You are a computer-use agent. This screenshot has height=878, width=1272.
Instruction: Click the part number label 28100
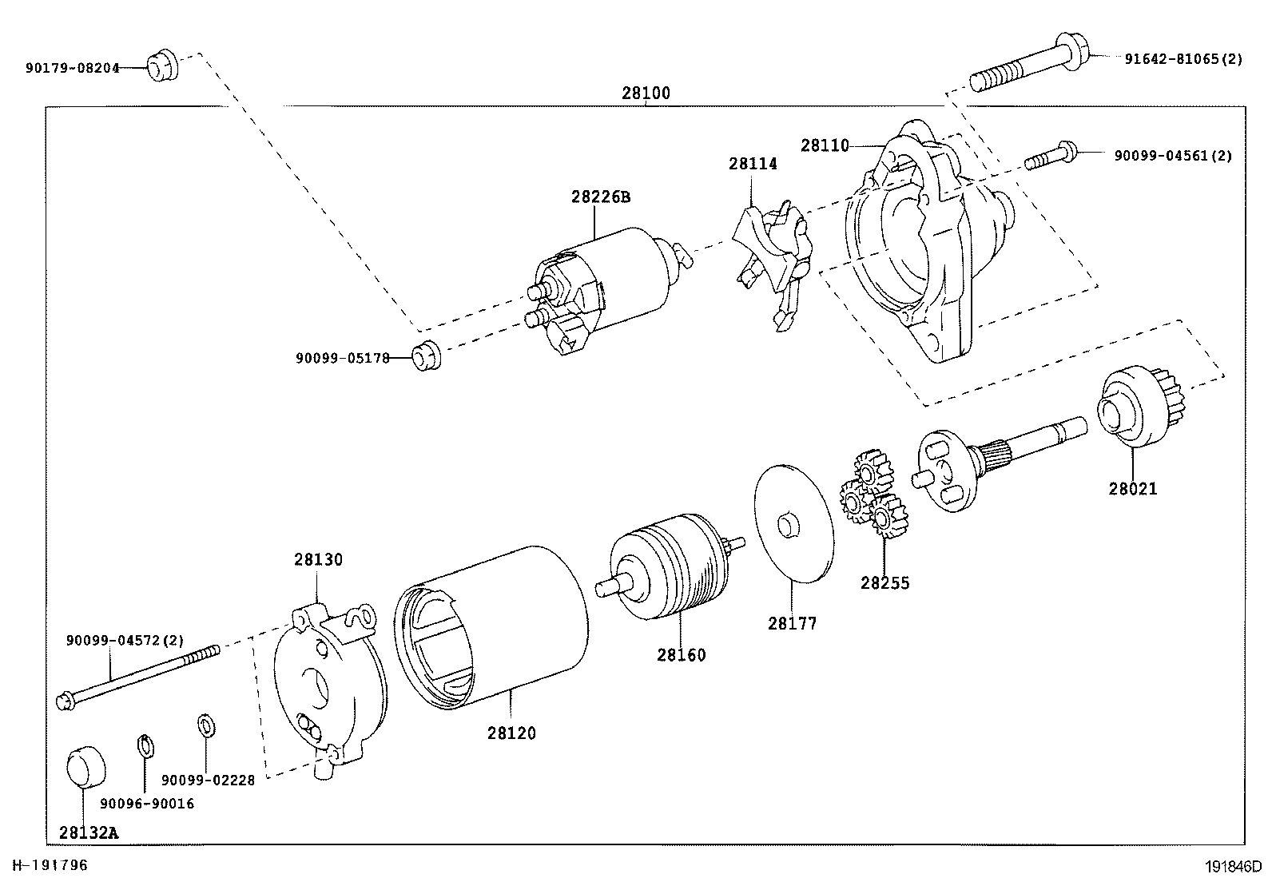pyautogui.click(x=646, y=93)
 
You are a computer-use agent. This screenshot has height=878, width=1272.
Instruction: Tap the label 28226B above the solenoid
pyautogui.click(x=601, y=197)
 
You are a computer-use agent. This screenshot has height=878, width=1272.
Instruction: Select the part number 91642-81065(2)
pyautogui.click(x=1183, y=59)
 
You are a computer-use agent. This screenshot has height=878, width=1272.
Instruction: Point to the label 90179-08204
pyautogui.click(x=73, y=68)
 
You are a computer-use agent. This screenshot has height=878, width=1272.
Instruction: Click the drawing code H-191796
pyautogui.click(x=50, y=865)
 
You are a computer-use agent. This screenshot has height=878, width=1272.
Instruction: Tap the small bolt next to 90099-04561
pyautogui.click(x=1051, y=156)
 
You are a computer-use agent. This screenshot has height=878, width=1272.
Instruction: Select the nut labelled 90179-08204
pyautogui.click(x=162, y=66)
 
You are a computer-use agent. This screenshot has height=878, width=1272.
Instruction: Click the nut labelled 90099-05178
pyautogui.click(x=427, y=356)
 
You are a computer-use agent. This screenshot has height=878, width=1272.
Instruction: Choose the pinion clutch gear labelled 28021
pyautogui.click(x=1140, y=406)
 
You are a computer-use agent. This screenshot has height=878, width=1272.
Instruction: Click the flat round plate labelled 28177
pyautogui.click(x=794, y=523)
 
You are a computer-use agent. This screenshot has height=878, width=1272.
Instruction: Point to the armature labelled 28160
pyautogui.click(x=670, y=566)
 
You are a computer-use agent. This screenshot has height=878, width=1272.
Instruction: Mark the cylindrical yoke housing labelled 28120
pyautogui.click(x=491, y=628)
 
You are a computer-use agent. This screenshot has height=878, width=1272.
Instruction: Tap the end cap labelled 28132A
pyautogui.click(x=85, y=767)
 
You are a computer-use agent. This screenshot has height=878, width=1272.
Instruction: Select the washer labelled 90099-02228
pyautogui.click(x=206, y=726)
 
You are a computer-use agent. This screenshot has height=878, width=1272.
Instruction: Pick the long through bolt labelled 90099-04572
pyautogui.click(x=138, y=677)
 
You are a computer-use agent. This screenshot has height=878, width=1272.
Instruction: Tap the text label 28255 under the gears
pyautogui.click(x=884, y=583)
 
